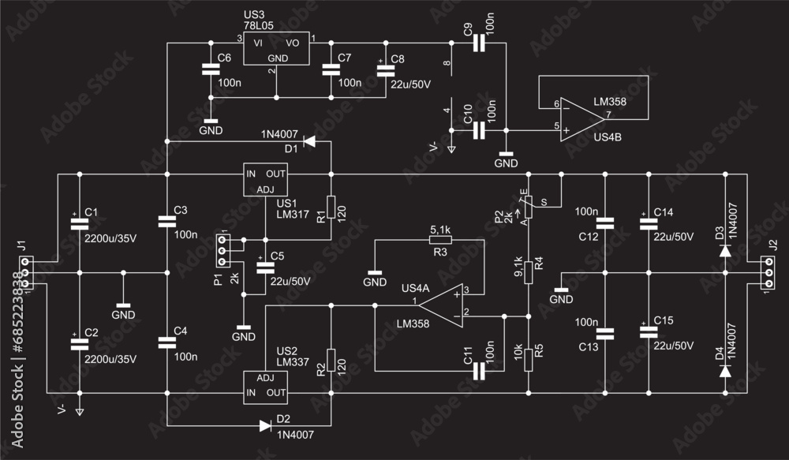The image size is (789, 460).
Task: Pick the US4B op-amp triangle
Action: coord(581,120)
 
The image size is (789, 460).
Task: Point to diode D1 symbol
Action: coord(309,142)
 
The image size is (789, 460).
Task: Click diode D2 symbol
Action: coord(265,426)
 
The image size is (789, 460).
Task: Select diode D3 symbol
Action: coord(725,250)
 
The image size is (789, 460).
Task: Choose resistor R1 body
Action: coord(331,207)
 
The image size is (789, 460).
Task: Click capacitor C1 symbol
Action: coord(79,223)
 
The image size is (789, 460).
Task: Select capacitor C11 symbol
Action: coord(479,369)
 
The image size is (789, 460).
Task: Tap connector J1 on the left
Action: coord(26,272)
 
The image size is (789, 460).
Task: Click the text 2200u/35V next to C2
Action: coord(110,359)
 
